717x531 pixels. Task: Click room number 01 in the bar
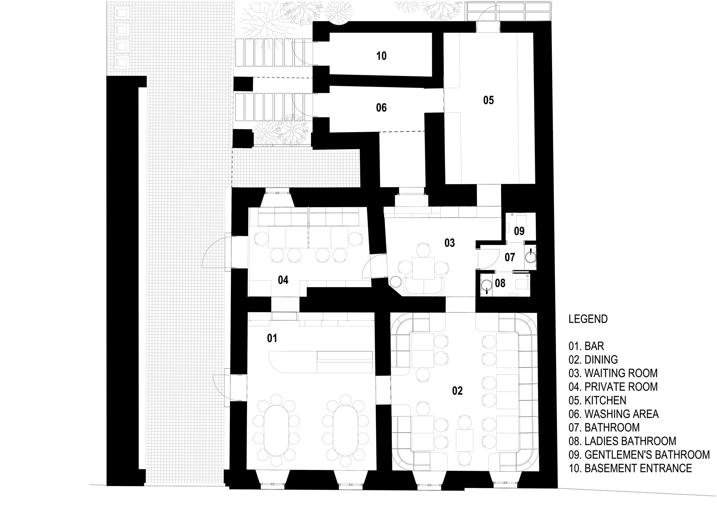[x=272, y=338]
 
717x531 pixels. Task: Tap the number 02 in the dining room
[x=457, y=391]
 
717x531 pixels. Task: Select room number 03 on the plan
[x=449, y=243]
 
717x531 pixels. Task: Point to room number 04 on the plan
[x=283, y=280]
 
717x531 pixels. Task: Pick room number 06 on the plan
[x=381, y=108]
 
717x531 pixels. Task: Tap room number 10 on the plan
[x=381, y=56]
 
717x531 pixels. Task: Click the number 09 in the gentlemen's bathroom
[x=519, y=231]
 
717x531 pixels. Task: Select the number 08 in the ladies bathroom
[x=500, y=283]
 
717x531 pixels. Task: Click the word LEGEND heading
[x=588, y=319]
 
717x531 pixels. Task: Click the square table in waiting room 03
[x=423, y=268]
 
